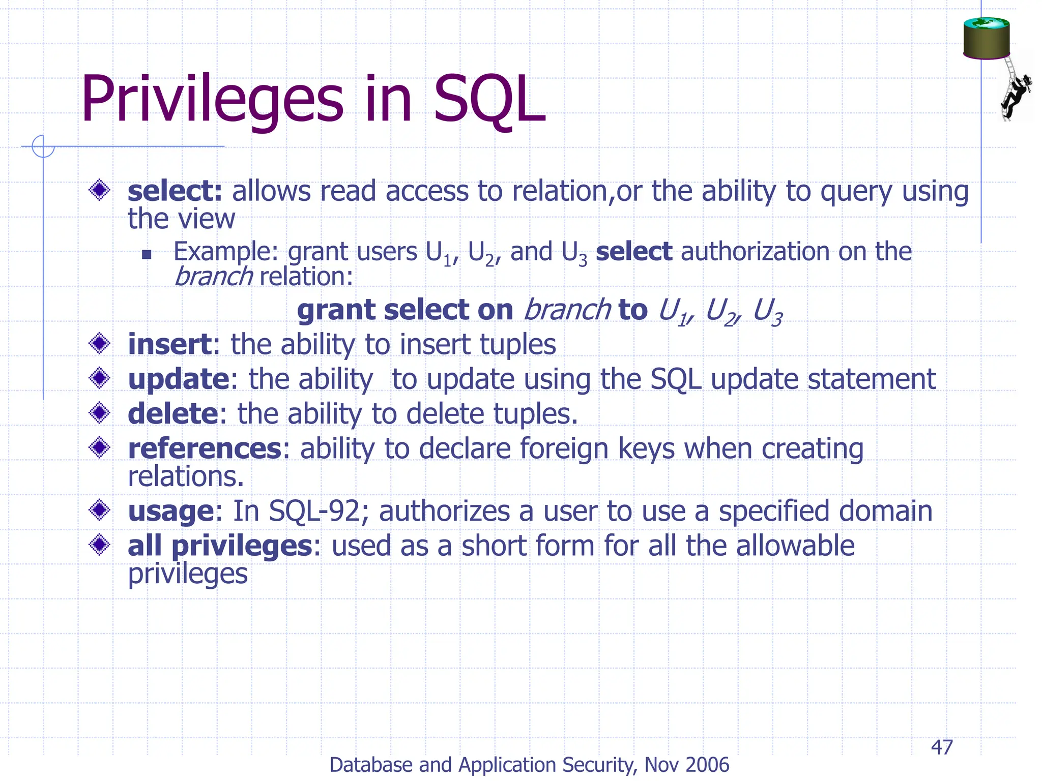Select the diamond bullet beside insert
click(99, 344)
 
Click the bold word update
click(178, 379)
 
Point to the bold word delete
click(173, 414)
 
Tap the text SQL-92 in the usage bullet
click(314, 511)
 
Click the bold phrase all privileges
click(220, 546)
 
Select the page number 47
click(942, 747)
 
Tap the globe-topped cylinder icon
click(986, 38)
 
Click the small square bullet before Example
click(147, 254)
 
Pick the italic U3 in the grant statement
click(767, 311)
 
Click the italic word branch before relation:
click(213, 277)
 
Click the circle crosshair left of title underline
click(43, 146)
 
